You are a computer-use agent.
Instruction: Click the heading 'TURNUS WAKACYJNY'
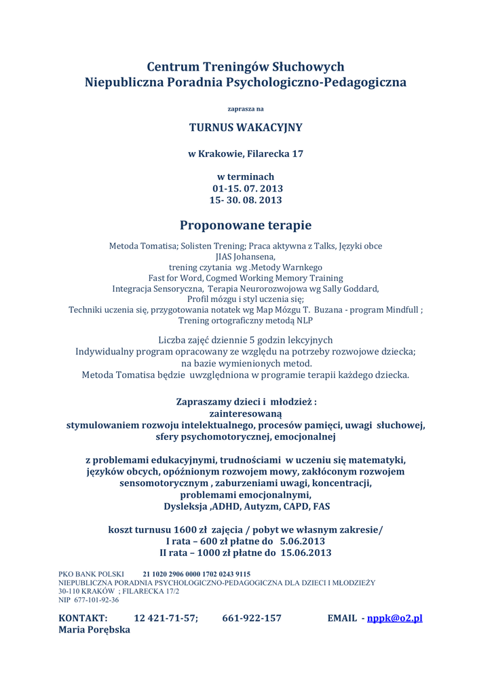[246, 127]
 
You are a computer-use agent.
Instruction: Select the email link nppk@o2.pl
[394, 618]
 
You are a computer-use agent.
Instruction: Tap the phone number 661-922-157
[252, 618]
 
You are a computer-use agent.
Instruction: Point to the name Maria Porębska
[94, 631]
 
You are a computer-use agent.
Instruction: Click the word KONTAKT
[83, 618]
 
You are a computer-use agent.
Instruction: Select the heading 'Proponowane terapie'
[246, 225]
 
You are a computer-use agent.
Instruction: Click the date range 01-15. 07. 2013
[247, 188]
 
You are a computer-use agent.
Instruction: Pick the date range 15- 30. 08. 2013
[246, 200]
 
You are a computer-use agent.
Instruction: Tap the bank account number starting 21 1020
[196, 574]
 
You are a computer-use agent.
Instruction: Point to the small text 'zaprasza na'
[246, 109]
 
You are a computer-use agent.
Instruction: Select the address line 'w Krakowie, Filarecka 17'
[246, 154]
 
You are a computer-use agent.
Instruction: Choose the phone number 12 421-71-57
[166, 618]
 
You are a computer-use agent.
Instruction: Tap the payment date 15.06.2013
[305, 553]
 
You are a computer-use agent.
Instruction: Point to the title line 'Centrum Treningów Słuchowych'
[246, 67]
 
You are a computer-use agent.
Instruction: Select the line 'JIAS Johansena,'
[246, 257]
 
